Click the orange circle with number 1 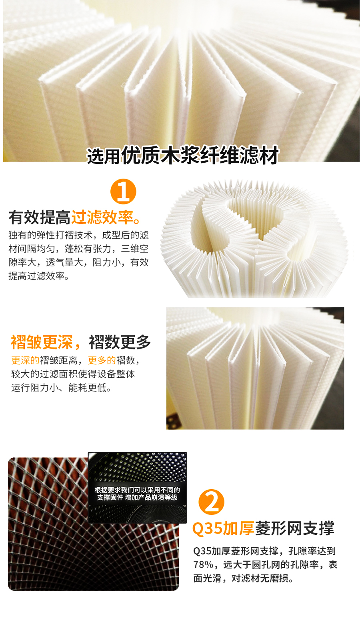pos(123,191)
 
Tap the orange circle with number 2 pos(211,502)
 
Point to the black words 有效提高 pos(40,217)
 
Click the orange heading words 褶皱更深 pos(42,342)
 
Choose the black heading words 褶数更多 pos(120,342)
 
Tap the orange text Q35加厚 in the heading pos(223,528)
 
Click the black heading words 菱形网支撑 pos(294,528)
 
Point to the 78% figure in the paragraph pos(204,564)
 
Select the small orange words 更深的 pos(25,360)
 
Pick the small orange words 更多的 pos(102,360)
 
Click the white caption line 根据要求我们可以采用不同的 pos(137,490)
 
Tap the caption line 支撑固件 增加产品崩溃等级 pos(137,498)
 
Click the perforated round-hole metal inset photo pos(138,488)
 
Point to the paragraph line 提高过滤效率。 pos(39,276)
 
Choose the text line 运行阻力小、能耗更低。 pos(61,387)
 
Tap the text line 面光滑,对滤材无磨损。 pos(244,578)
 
